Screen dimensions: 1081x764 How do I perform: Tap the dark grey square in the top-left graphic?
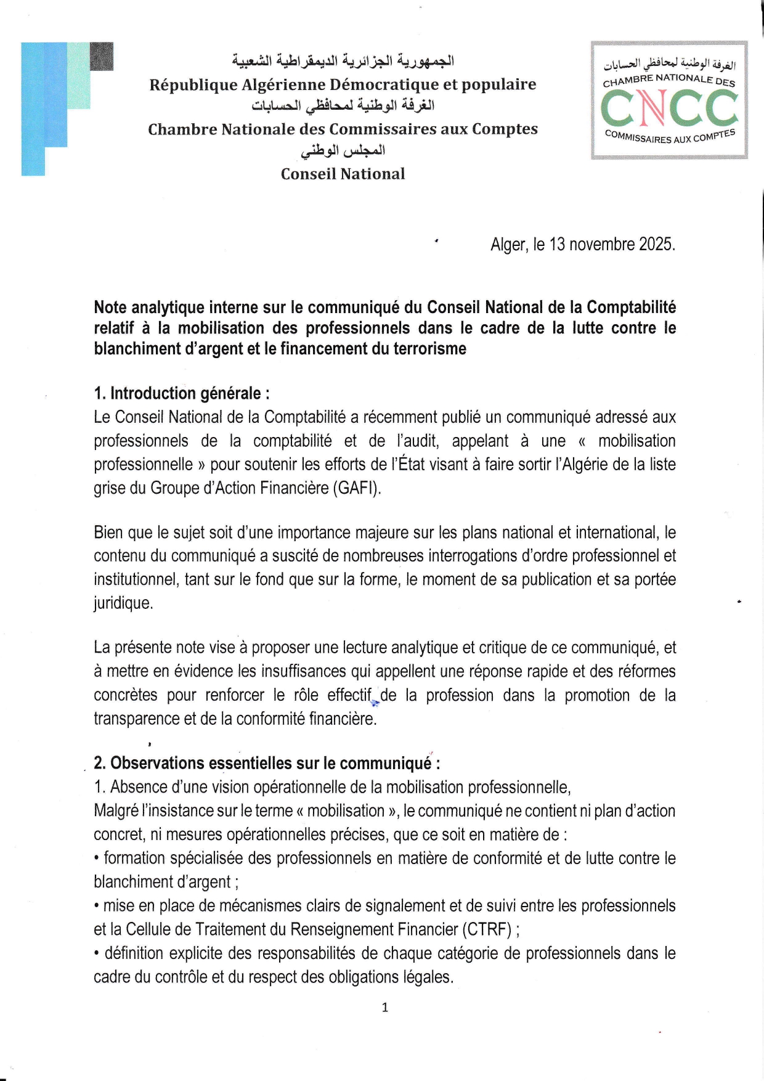[x=102, y=56]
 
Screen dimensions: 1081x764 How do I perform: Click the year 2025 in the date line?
[x=655, y=245]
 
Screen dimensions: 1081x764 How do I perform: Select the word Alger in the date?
[x=509, y=245]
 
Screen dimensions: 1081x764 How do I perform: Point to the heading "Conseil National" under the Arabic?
[x=343, y=174]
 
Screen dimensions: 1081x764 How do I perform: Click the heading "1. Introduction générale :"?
[x=181, y=393]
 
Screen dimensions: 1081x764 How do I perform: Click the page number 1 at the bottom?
[x=385, y=1008]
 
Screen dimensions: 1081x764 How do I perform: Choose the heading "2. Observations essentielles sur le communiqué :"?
[x=267, y=763]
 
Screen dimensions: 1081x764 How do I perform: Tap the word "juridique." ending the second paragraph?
[x=123, y=603]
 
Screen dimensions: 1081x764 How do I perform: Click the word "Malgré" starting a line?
[x=115, y=810]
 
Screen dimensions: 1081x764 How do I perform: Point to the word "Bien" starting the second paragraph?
[x=108, y=532]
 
